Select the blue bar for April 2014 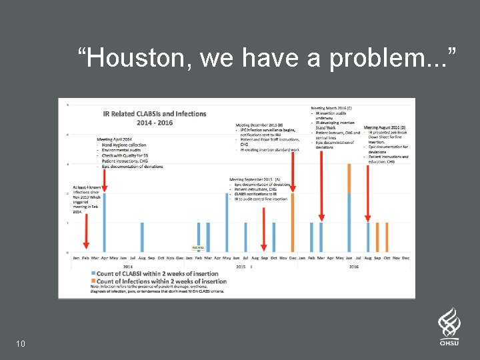[x=104, y=223]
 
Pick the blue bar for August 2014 [x=142, y=237]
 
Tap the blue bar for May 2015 [x=227, y=223]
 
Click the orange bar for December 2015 [x=292, y=223]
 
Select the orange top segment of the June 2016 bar [x=349, y=179]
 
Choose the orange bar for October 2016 [x=387, y=237]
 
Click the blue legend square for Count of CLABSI [x=93, y=274]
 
